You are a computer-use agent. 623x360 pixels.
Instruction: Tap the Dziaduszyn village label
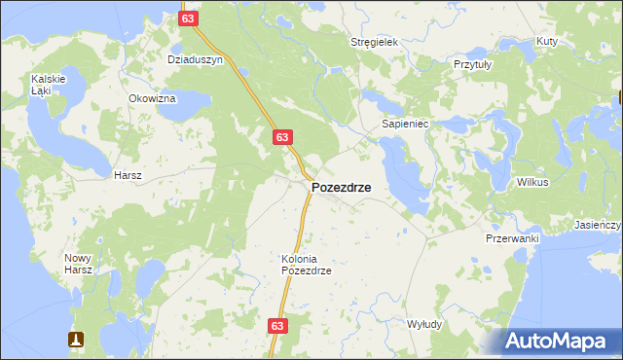[x=196, y=59]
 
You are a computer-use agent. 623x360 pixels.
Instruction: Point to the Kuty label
[x=546, y=42]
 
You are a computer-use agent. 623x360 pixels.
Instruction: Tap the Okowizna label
[x=152, y=98]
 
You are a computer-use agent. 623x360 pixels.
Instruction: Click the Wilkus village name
[x=532, y=182]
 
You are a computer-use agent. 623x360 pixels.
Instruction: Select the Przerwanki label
[x=512, y=237]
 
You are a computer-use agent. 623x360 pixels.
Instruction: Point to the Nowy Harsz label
[x=78, y=264]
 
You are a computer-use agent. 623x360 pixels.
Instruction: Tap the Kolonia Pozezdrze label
[x=307, y=265]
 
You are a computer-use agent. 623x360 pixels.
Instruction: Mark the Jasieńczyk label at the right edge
[x=598, y=225]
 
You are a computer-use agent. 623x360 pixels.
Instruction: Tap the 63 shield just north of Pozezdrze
[x=281, y=138]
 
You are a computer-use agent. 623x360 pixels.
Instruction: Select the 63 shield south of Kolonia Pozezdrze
[x=278, y=327]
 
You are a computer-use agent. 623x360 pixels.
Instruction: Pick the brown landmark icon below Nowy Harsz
[x=76, y=340]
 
